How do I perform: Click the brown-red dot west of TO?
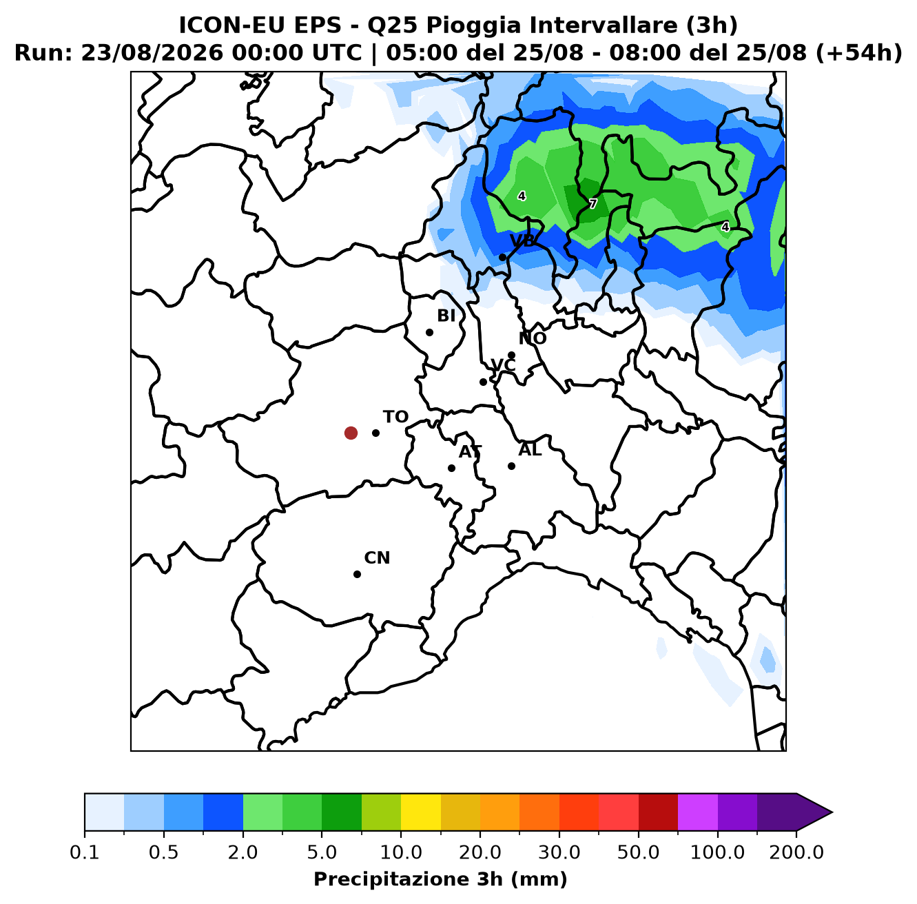click(351, 433)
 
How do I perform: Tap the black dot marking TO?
click(375, 433)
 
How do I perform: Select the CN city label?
click(377, 557)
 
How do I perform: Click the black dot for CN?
click(357, 574)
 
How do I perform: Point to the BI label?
click(446, 315)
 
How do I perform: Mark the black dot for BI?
click(429, 332)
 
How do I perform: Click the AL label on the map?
click(530, 449)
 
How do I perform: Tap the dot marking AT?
click(451, 468)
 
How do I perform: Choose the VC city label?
click(503, 365)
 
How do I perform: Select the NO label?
click(533, 338)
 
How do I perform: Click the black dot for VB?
click(502, 258)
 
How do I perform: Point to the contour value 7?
click(593, 204)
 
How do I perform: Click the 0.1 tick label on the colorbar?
click(85, 852)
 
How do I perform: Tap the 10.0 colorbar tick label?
click(401, 852)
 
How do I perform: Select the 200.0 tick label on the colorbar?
click(796, 852)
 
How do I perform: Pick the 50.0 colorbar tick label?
click(638, 852)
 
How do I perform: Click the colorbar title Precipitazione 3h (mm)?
click(440, 879)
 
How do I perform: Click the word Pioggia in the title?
click(469, 25)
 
